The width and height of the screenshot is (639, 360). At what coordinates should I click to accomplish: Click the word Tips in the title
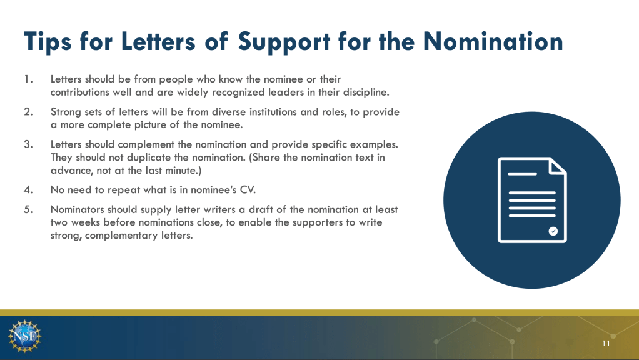click(48, 42)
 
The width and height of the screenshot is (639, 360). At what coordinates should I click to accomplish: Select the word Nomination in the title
click(493, 41)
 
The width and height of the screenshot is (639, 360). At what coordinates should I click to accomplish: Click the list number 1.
click(28, 79)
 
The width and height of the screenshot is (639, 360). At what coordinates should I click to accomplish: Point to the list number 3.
click(28, 144)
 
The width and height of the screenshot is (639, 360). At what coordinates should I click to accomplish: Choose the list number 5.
click(28, 209)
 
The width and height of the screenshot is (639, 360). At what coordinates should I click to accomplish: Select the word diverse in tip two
click(229, 112)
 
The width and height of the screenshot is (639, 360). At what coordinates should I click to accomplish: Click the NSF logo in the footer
click(24, 336)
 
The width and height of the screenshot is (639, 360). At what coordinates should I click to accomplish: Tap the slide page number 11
click(606, 343)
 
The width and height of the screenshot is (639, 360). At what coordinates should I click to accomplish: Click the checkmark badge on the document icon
click(553, 231)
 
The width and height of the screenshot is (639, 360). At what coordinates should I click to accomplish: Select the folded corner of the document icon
click(558, 166)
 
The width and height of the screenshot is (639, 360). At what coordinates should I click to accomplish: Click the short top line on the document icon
click(522, 174)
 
